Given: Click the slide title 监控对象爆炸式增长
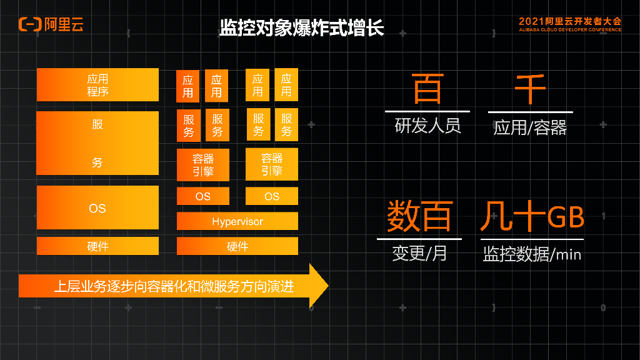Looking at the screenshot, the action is point(301,27).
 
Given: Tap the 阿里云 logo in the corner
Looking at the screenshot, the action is point(51,24).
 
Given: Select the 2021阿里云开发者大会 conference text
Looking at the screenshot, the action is point(569,21).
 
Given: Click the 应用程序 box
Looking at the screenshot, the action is point(97,85).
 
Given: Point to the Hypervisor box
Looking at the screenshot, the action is point(237,221).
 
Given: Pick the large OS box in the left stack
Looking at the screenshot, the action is point(97,207).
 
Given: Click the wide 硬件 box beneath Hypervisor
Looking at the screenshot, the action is point(237,246).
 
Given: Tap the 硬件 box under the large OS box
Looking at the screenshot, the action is point(97,246).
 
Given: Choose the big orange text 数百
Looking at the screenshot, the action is point(419,216).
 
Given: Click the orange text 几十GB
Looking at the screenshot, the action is point(532,216).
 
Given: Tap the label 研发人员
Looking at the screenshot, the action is point(427,126).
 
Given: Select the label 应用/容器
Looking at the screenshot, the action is point(530,128).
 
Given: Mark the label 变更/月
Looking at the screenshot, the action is point(419,253).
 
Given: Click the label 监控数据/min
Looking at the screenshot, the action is point(532,254).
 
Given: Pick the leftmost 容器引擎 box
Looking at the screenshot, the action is point(203,165).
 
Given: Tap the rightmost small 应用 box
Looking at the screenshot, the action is point(286,85).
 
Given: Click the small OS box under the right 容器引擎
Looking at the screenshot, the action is point(272,196).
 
